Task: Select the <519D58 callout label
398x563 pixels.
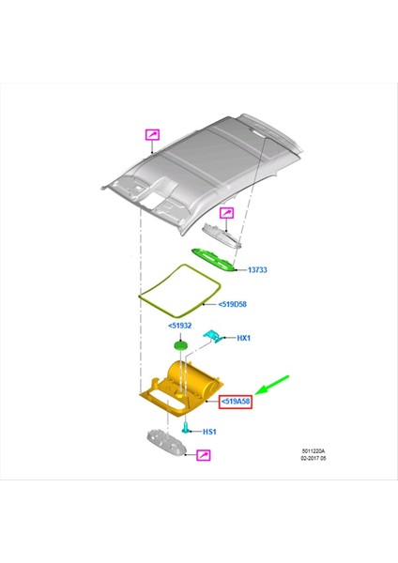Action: [233, 304]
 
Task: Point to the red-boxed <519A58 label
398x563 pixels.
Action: [235, 403]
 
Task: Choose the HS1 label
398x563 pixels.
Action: [208, 432]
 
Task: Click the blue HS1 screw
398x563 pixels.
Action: [187, 427]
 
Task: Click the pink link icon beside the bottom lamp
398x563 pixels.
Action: [202, 455]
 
